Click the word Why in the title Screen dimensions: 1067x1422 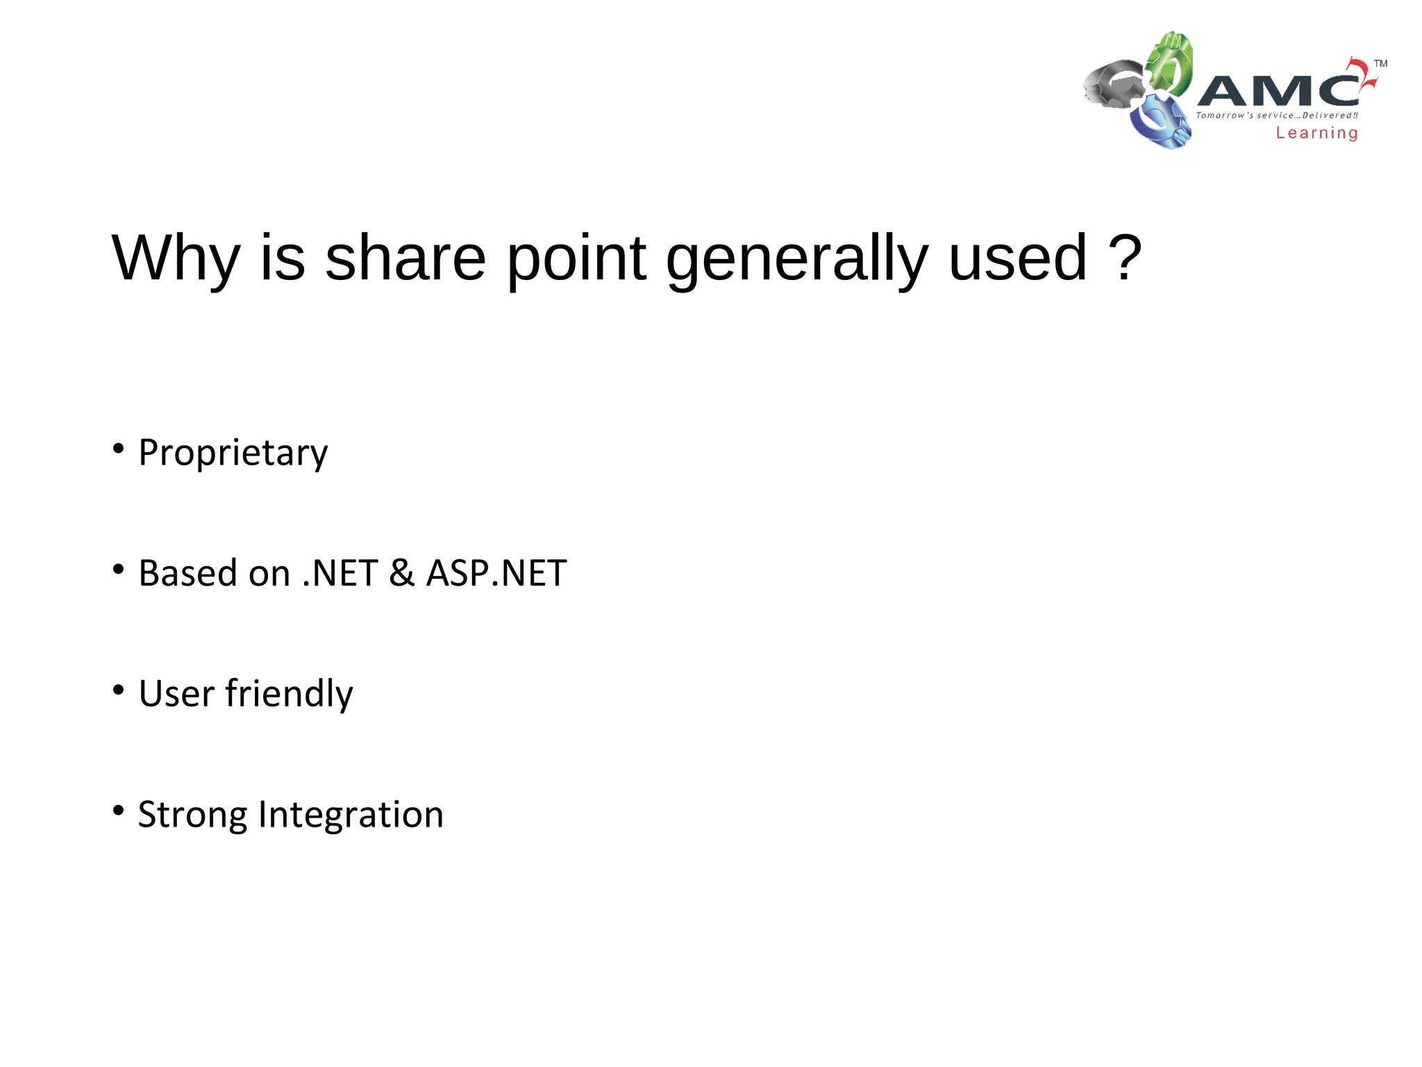[176, 258]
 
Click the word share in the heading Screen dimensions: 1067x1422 [405, 258]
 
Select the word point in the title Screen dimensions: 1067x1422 [576, 258]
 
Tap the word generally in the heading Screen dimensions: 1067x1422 [796, 258]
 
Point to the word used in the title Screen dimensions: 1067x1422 [1017, 258]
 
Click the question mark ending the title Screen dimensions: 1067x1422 [1125, 258]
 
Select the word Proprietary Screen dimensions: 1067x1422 [233, 453]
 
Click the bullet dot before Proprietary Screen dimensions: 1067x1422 [118, 449]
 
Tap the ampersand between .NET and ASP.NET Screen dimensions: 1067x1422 [401, 573]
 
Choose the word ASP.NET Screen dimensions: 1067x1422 [496, 573]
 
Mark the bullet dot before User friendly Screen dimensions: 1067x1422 [118, 690]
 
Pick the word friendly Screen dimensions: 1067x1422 [289, 693]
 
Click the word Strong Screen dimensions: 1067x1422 [192, 814]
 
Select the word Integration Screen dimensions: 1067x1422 [351, 814]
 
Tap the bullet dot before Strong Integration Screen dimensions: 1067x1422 [118, 810]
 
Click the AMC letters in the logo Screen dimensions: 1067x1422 [1278, 90]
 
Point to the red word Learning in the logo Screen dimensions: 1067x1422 [1316, 133]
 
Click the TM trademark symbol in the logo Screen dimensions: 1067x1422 [1380, 64]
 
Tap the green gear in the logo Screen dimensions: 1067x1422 [1170, 63]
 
